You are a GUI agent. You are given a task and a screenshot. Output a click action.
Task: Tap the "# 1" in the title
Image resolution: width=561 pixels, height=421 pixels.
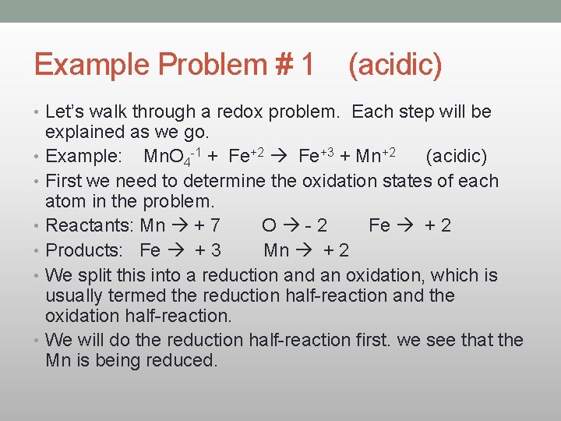pyautogui.click(x=296, y=65)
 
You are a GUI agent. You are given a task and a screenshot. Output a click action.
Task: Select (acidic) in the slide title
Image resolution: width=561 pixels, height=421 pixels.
pyautogui.click(x=395, y=65)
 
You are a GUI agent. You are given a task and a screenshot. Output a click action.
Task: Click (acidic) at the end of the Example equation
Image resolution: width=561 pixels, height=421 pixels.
pyautogui.click(x=456, y=157)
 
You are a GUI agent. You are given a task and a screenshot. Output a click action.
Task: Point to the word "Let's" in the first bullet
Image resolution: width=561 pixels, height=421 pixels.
pyautogui.click(x=68, y=111)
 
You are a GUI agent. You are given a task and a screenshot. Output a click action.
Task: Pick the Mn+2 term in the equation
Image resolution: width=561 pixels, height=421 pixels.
pyautogui.click(x=378, y=157)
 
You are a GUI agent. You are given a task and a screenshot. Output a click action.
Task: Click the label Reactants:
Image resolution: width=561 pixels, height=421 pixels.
pyautogui.click(x=90, y=226)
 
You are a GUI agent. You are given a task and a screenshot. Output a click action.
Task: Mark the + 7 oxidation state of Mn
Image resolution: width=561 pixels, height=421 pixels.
pyautogui.click(x=207, y=226)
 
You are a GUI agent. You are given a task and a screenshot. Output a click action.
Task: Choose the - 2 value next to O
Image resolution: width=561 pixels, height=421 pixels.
pyautogui.click(x=312, y=226)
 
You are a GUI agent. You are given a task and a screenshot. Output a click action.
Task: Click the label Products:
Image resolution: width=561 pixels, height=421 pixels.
pyautogui.click(x=86, y=250)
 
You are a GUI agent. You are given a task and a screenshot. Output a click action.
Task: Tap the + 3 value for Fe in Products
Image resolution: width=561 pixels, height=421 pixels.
pyautogui.click(x=207, y=250)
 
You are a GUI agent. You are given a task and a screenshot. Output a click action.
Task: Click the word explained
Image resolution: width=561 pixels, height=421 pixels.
pyautogui.click(x=83, y=132)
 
